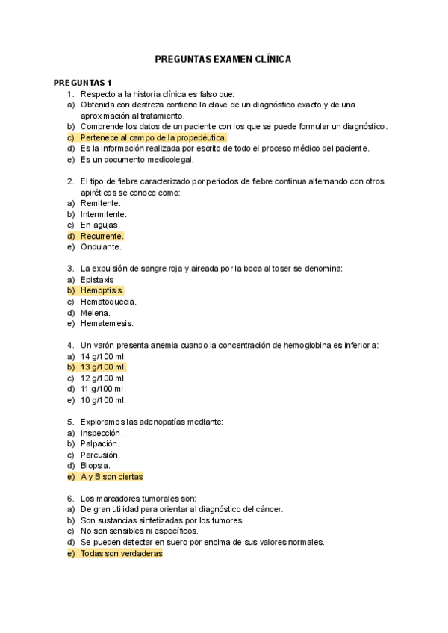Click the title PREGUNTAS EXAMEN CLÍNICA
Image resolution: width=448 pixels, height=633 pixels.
click(223, 58)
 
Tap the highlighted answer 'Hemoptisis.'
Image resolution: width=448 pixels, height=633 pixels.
click(102, 290)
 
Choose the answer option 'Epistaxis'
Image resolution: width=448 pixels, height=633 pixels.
click(97, 279)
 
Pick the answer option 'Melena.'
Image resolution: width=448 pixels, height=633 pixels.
click(96, 313)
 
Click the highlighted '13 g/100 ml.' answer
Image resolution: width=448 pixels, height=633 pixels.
click(103, 367)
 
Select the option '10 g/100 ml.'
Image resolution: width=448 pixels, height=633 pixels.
click(103, 400)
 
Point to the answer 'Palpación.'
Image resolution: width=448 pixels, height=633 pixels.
click(101, 443)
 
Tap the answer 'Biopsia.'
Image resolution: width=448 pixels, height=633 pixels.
click(96, 465)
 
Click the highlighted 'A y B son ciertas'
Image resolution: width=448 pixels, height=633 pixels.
click(111, 476)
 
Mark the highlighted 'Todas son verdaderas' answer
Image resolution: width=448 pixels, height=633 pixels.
click(121, 554)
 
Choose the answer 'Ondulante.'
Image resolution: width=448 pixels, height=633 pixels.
click(101, 246)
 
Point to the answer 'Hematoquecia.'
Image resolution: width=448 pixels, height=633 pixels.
click(108, 302)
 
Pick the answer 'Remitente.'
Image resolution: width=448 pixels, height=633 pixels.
click(101, 203)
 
